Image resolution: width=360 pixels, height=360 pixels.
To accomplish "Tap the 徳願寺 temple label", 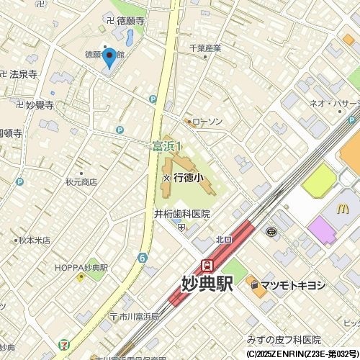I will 130,22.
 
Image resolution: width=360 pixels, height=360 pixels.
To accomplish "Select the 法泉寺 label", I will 24,74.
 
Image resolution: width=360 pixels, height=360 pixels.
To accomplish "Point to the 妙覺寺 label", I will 39,105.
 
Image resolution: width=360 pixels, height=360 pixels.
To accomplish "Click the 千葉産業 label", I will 204,48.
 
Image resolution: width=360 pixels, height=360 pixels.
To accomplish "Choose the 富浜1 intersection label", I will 168,147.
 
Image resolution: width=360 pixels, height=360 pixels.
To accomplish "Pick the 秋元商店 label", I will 81,183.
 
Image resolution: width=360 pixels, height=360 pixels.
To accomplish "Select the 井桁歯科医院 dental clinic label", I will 182,214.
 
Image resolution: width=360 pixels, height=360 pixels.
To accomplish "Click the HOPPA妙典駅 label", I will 81,267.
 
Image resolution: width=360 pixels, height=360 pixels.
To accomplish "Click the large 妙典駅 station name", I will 207,284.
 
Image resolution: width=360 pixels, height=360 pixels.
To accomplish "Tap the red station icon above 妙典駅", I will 207,265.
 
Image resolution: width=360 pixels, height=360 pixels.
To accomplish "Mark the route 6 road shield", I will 143,257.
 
